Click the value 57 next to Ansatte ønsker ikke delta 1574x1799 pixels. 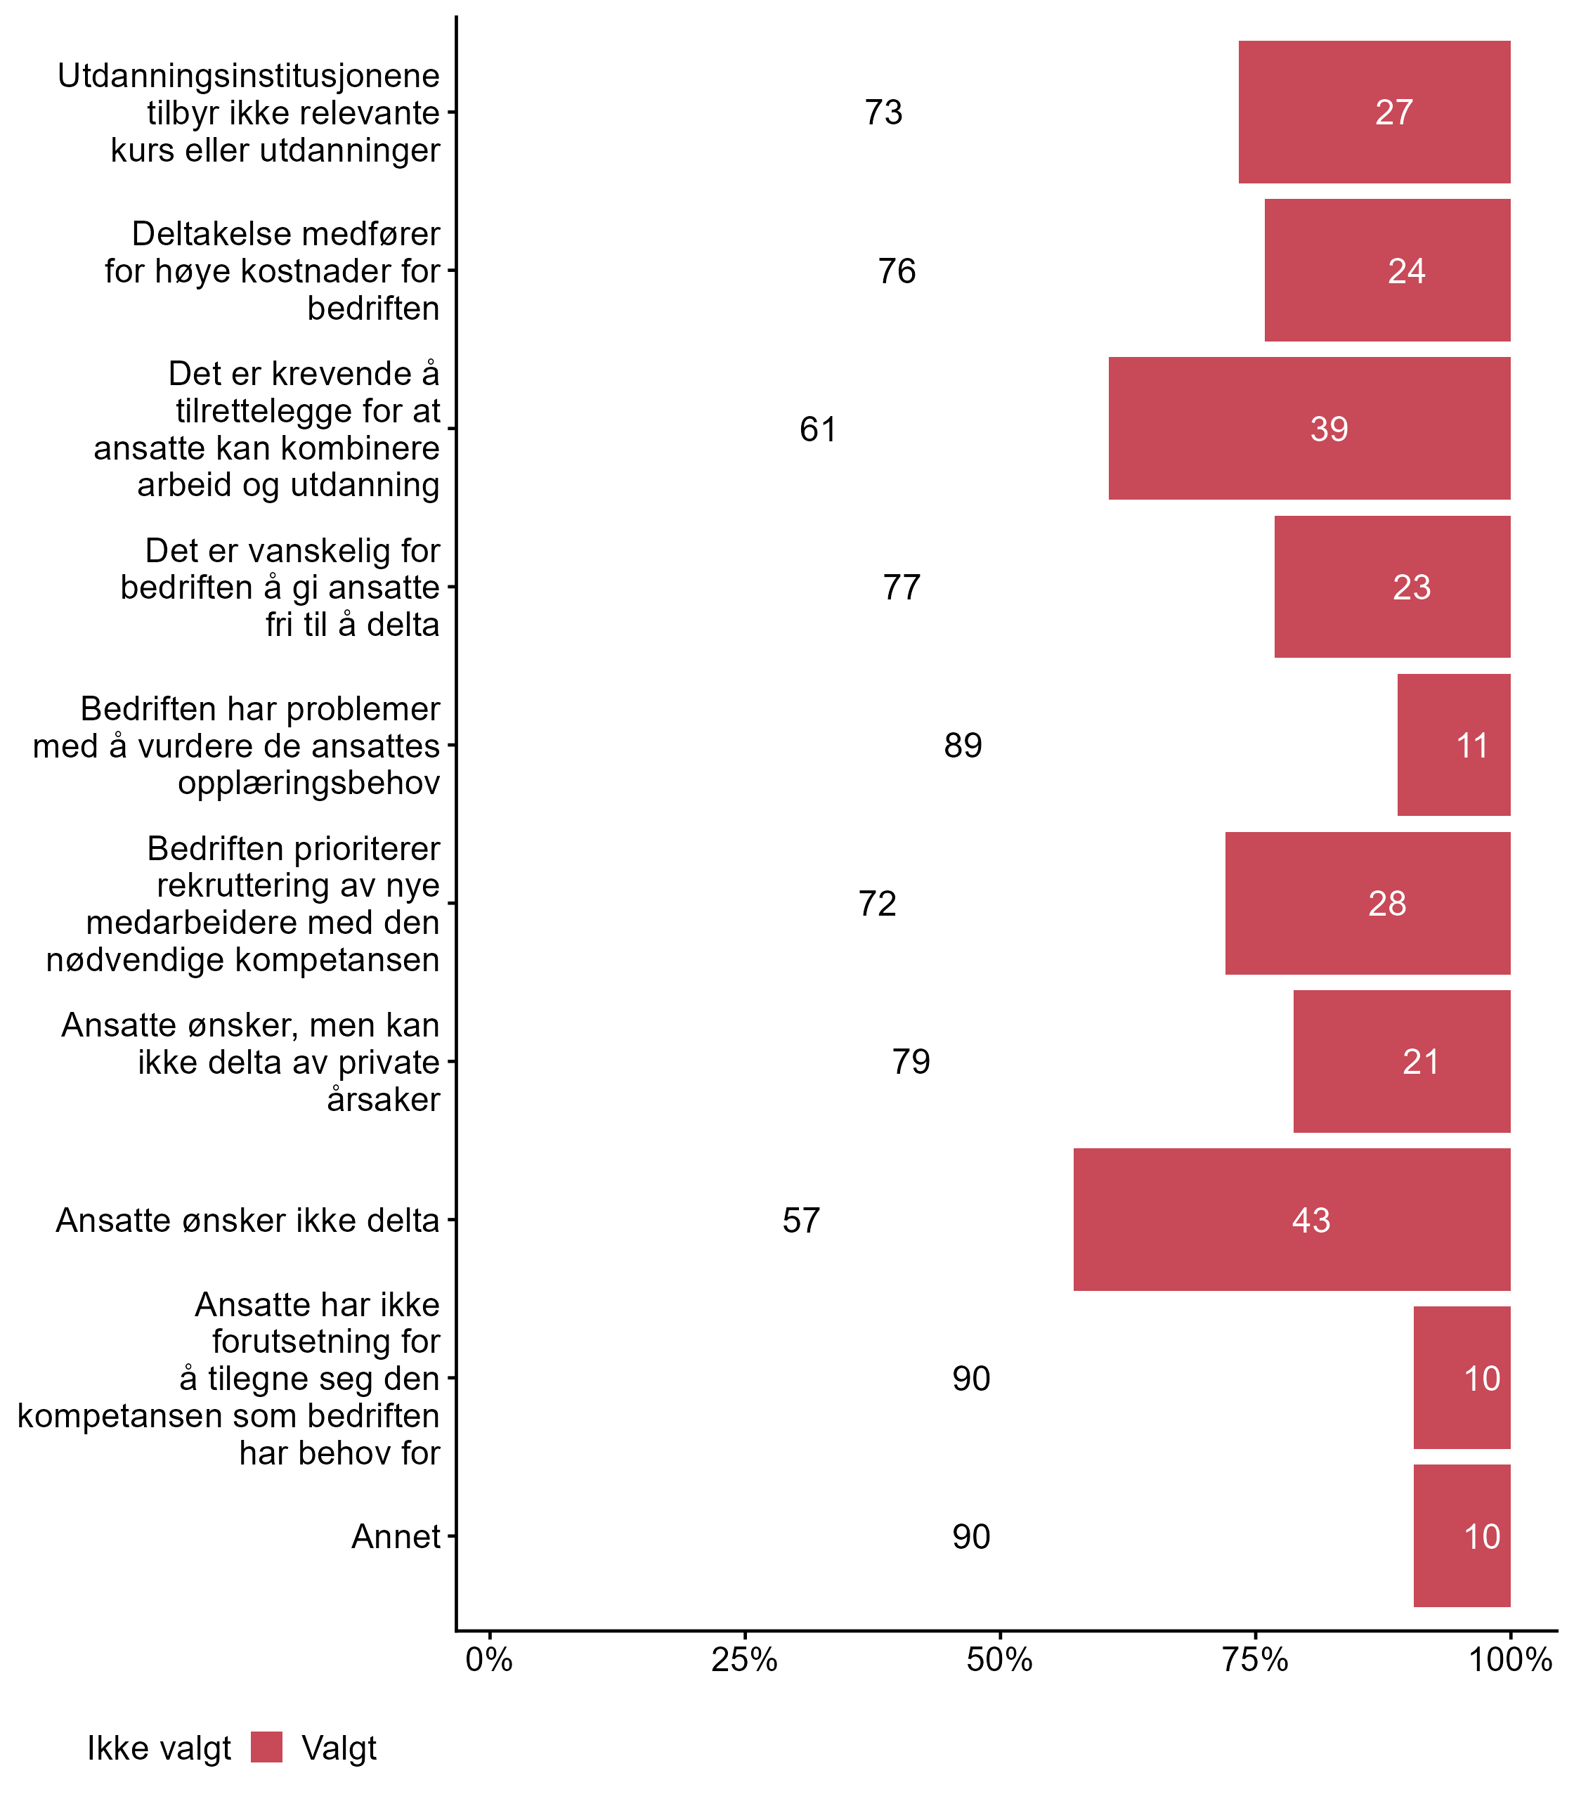(x=801, y=1220)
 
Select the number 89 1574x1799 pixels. (x=963, y=746)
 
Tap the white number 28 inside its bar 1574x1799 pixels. (x=1387, y=904)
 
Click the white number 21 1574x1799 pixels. (x=1420, y=1062)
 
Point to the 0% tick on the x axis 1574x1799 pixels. (x=489, y=1659)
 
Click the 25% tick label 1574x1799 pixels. (x=744, y=1659)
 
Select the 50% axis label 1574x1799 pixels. (x=999, y=1659)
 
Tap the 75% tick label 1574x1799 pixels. (x=1255, y=1659)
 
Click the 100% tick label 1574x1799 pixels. (x=1510, y=1659)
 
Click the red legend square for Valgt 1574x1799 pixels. (x=266, y=1747)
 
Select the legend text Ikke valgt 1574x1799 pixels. (x=159, y=1748)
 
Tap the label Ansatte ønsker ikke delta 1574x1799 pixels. (x=247, y=1220)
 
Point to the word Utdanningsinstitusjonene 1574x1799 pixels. (x=249, y=76)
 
